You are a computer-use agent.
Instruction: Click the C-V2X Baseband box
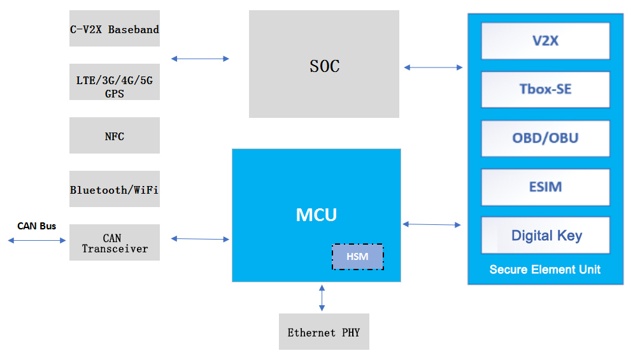click(115, 29)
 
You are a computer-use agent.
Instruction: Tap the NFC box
click(115, 136)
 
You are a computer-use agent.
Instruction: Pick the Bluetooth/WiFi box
click(115, 189)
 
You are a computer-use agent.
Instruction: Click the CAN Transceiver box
click(115, 243)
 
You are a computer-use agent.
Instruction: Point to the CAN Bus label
click(36, 226)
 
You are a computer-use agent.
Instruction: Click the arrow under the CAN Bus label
click(36, 240)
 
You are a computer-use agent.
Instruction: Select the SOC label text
click(324, 66)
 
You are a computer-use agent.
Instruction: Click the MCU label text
click(316, 215)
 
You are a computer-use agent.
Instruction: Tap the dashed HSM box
click(357, 257)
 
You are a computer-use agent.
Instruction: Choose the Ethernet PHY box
click(324, 332)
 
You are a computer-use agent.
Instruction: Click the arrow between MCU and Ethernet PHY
click(322, 298)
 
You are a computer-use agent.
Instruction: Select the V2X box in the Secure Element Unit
click(545, 41)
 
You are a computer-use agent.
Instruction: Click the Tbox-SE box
click(545, 89)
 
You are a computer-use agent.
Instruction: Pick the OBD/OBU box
click(545, 138)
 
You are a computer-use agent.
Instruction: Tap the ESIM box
click(545, 187)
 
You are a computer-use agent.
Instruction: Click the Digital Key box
click(545, 235)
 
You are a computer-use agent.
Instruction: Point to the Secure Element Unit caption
click(545, 270)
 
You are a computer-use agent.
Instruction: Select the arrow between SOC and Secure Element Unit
click(433, 67)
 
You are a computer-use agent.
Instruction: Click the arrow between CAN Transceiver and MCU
click(200, 239)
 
